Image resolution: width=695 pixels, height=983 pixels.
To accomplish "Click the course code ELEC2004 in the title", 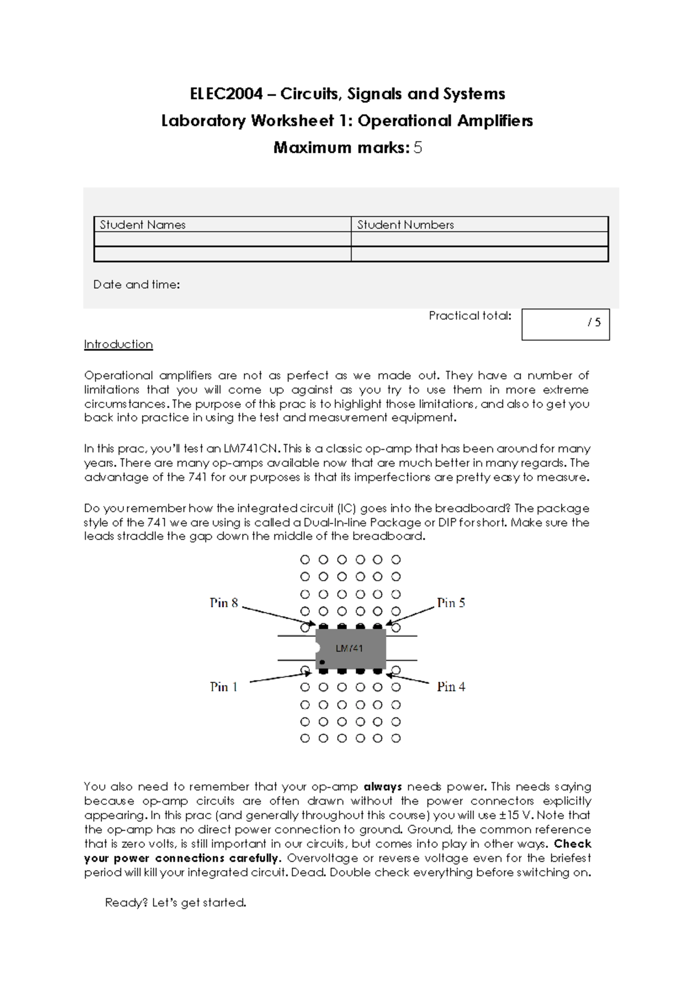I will [x=226, y=94].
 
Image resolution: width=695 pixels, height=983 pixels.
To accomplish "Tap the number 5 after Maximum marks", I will [x=418, y=148].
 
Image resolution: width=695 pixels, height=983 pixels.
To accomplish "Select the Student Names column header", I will [x=142, y=225].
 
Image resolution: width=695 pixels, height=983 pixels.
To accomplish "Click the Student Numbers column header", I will [x=405, y=225].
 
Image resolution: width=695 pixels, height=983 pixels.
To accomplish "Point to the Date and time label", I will [x=136, y=285].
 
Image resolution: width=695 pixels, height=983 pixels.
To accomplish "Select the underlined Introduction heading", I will [x=118, y=344].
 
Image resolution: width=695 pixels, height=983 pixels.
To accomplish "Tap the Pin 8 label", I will [x=224, y=603].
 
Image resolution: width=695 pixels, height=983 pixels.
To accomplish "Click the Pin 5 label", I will [x=451, y=603].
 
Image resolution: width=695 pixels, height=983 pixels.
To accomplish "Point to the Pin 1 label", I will [x=224, y=687].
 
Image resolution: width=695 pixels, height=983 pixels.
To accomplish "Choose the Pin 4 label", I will [x=451, y=687].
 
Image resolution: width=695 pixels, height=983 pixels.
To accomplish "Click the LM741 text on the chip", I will [x=349, y=648].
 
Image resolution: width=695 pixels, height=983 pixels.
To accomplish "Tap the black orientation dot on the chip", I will [x=322, y=662].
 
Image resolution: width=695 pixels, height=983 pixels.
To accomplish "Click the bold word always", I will [x=382, y=787].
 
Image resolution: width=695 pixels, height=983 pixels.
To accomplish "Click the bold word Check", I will [x=572, y=843].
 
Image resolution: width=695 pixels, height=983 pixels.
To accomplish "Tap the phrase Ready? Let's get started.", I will [x=175, y=903].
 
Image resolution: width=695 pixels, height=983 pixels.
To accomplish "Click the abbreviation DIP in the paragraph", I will [x=447, y=522].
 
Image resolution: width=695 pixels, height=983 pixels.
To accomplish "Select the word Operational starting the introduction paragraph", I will [x=118, y=375].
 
